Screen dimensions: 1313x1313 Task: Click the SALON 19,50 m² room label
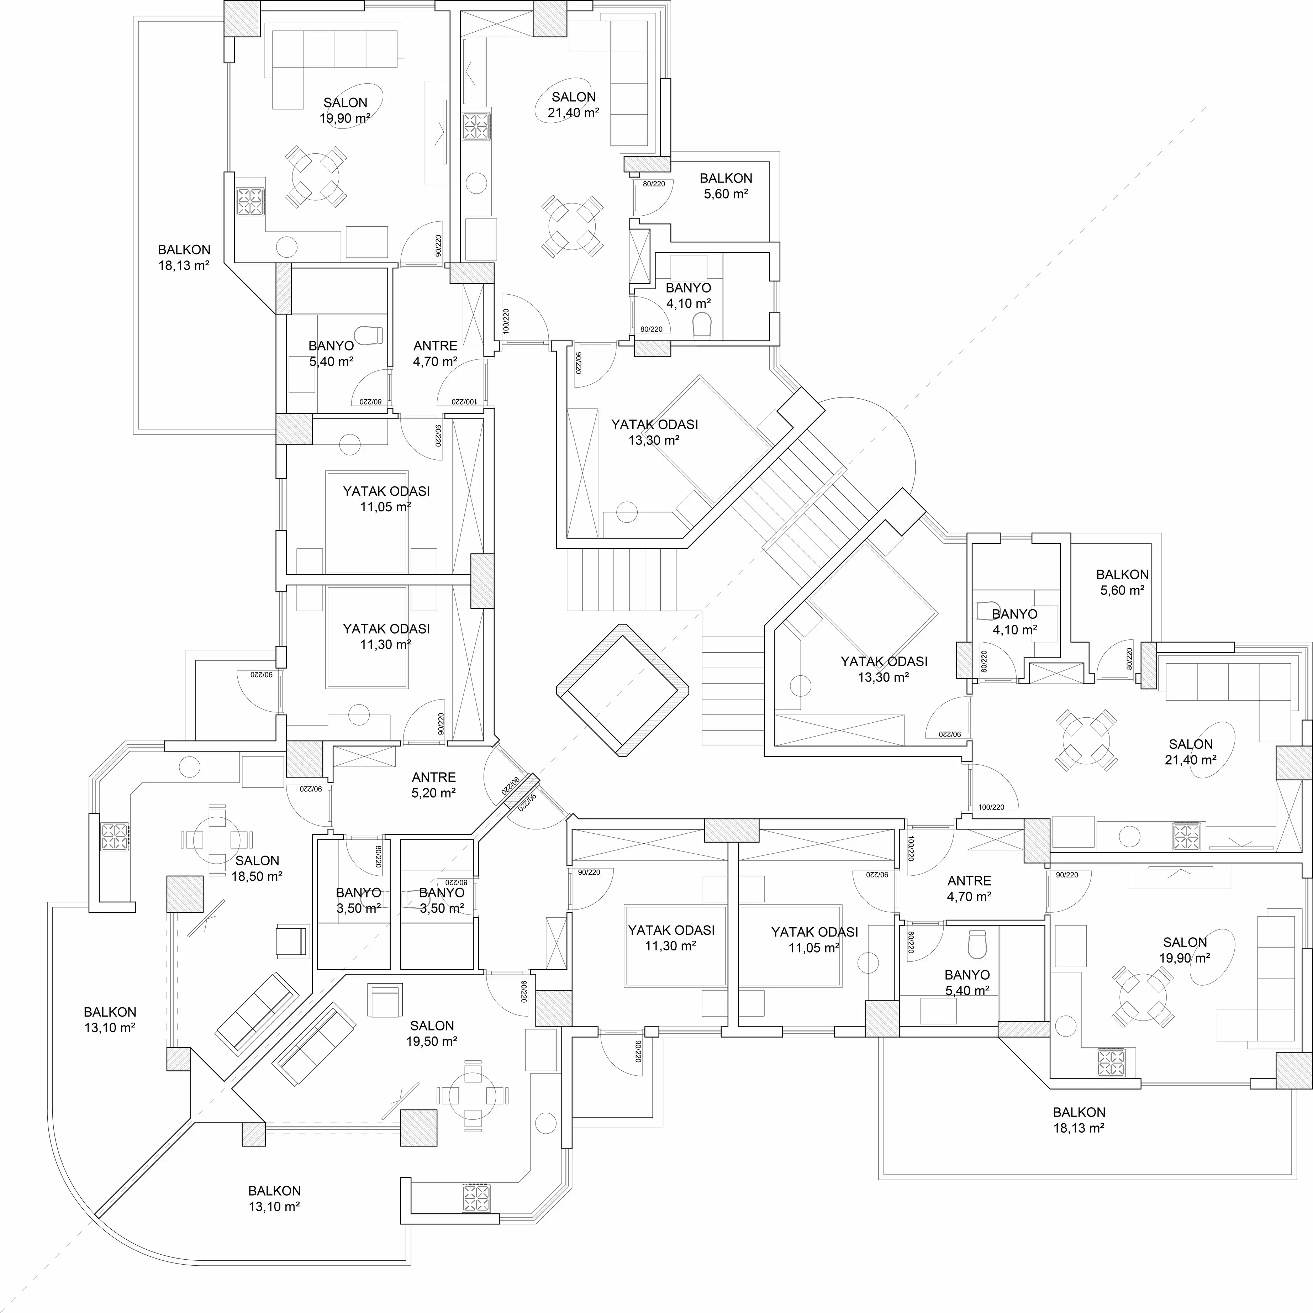[432, 1034]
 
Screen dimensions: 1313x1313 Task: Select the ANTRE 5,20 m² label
[434, 784]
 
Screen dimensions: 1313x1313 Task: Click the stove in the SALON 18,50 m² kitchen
[114, 837]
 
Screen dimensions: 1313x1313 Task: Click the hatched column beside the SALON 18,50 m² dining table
[185, 894]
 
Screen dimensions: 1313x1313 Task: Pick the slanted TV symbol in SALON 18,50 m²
[206, 918]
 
